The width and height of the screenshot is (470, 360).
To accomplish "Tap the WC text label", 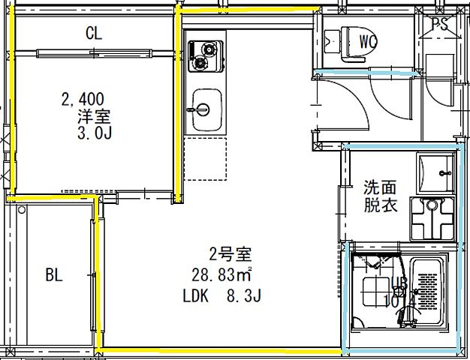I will tap(368, 40).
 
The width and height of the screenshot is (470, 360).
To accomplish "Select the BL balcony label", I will tap(53, 275).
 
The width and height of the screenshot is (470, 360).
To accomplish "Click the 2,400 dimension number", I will tap(83, 99).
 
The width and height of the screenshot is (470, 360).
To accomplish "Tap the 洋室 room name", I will tap(94, 116).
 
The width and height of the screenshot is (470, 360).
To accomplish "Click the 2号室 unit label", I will tap(225, 253).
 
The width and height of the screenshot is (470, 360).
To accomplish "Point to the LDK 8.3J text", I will tap(221, 296).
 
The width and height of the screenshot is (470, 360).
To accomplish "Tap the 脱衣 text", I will tap(381, 205).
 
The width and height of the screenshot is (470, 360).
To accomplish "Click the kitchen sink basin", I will tap(204, 109).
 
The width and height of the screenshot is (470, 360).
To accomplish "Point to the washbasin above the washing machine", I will tap(435, 173).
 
